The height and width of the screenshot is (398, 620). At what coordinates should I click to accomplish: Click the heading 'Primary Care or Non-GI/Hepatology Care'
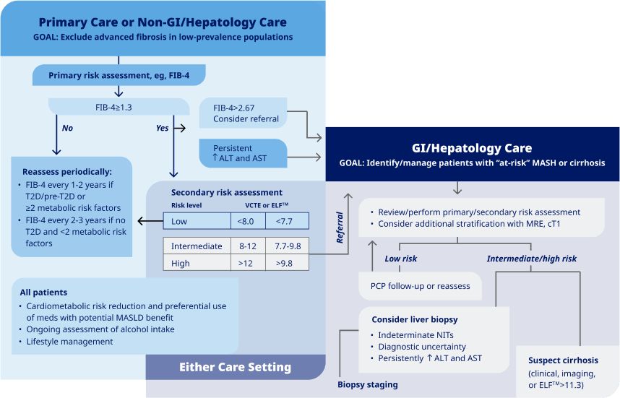[x=163, y=22]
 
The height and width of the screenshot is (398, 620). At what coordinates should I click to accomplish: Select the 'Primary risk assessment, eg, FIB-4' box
[x=119, y=75]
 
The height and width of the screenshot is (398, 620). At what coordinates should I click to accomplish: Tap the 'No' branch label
[x=67, y=128]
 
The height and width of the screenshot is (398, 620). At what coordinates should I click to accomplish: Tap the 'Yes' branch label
[x=163, y=128]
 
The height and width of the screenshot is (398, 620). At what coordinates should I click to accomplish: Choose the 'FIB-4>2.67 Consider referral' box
[x=246, y=113]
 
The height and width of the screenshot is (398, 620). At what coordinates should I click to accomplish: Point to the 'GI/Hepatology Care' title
[x=472, y=148]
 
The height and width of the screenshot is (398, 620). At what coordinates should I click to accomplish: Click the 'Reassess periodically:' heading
[x=66, y=172]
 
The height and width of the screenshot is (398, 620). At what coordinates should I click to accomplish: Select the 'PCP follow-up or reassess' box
[x=420, y=286]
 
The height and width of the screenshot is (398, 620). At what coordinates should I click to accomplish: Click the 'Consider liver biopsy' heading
[x=414, y=319]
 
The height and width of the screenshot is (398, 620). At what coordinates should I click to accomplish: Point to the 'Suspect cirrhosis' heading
[x=563, y=360]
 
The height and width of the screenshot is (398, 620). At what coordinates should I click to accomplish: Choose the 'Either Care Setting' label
[x=235, y=368]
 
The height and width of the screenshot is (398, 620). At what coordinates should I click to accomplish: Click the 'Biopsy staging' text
[x=367, y=384]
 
